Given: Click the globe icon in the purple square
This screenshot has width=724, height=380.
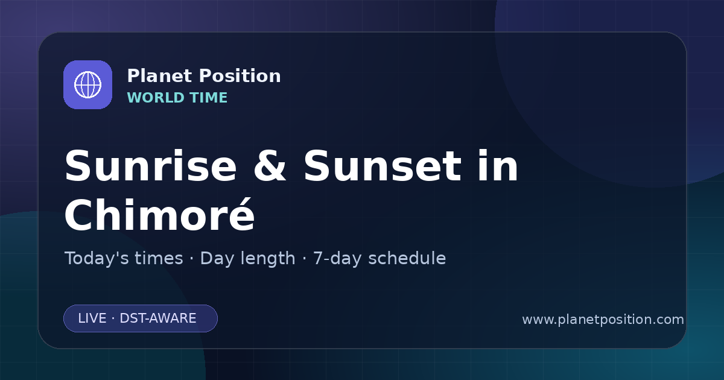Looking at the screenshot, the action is click(88, 84).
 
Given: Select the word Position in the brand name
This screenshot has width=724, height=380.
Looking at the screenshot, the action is click(240, 76).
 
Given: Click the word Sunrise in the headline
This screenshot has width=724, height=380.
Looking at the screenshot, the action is click(151, 166).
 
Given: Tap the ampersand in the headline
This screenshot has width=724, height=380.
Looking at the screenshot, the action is click(270, 166).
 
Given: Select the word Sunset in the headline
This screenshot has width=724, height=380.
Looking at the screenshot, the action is click(383, 166).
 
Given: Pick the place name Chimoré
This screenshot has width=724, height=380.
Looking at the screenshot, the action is click(160, 214).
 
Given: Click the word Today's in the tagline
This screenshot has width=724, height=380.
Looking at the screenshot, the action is click(124, 258).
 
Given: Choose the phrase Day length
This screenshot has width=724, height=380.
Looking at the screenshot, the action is click(247, 258).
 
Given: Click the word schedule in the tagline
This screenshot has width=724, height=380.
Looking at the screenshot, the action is click(407, 258).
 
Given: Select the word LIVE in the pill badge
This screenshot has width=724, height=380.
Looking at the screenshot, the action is click(92, 318).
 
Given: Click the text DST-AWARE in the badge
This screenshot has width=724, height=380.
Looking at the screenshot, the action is click(158, 318).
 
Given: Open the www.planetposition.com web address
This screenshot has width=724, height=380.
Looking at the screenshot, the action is click(603, 320).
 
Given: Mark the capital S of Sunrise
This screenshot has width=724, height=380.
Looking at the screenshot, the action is click(77, 166).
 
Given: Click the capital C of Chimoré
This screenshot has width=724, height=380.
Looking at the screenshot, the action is click(80, 214).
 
